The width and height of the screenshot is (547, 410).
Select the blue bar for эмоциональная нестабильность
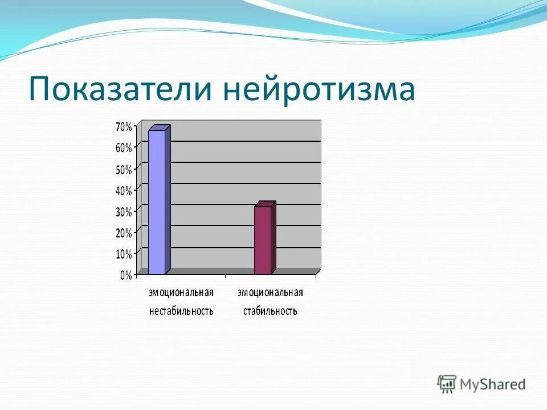click(x=157, y=202)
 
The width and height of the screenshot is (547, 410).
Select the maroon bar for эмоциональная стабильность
click(x=263, y=240)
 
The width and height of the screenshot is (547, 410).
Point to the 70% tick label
click(x=124, y=126)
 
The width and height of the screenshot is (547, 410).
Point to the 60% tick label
click(x=124, y=147)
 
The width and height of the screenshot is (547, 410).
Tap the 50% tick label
click(x=124, y=169)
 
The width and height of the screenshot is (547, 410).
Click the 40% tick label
click(x=124, y=190)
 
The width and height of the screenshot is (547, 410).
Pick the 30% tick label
click(x=124, y=211)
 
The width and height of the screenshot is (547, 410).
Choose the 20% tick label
click(x=124, y=232)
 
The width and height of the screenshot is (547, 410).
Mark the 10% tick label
click(x=124, y=254)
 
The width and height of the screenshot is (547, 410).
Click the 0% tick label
click(x=126, y=275)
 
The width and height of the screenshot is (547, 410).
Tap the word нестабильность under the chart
click(x=181, y=311)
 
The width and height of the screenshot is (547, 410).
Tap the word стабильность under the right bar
click(x=270, y=311)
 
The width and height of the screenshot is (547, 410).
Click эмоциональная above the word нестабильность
click(x=181, y=293)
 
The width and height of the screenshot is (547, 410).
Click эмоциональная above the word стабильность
click(x=270, y=293)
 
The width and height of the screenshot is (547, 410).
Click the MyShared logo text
click(x=493, y=384)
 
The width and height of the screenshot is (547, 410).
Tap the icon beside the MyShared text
click(x=448, y=384)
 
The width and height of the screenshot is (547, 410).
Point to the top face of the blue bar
click(x=160, y=128)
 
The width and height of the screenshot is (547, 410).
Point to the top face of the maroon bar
click(x=266, y=204)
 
